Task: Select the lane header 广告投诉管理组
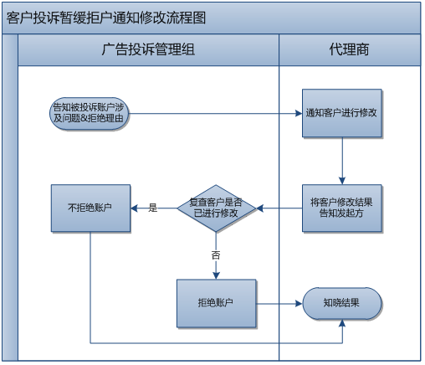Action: tap(147, 50)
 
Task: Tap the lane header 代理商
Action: tap(349, 50)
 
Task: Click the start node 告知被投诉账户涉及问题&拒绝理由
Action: tap(90, 112)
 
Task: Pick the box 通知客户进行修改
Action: tap(341, 112)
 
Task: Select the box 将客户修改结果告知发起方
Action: tap(341, 208)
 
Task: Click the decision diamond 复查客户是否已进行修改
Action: tap(215, 208)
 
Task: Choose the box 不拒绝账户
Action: tap(90, 208)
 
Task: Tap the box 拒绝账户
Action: tap(215, 302)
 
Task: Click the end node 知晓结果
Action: tap(341, 302)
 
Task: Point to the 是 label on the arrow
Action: tap(153, 207)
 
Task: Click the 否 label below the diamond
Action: tap(215, 253)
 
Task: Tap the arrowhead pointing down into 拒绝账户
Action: tap(215, 274)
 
